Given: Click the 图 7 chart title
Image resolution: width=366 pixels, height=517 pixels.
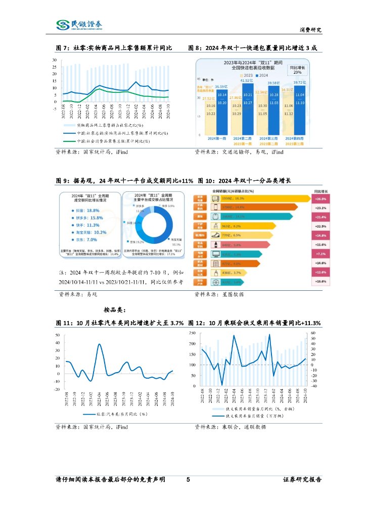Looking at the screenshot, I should click(x=114, y=48).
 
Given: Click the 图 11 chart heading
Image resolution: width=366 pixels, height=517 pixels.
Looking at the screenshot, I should click(x=119, y=323).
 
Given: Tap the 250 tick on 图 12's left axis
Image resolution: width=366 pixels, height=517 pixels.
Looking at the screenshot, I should click(x=192, y=334).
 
